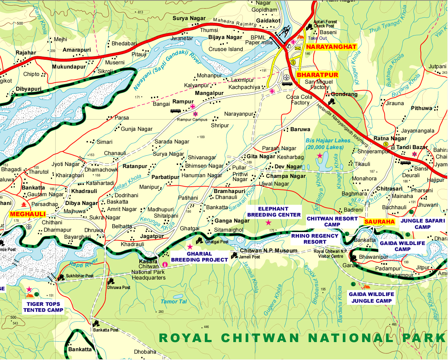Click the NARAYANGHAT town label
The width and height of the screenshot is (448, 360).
331,47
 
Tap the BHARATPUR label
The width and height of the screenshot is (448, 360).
317,75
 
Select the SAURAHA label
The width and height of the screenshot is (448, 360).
379,221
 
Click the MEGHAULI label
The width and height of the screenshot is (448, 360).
28,214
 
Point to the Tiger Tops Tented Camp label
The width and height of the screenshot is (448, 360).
43,307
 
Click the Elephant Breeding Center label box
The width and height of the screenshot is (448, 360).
274,212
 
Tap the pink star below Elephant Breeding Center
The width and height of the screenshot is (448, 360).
269,223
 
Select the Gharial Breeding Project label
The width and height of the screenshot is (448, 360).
199,257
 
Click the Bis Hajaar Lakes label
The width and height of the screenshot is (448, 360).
328,144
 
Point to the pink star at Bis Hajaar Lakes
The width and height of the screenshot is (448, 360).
320,155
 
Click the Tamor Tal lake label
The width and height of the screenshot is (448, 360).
173,301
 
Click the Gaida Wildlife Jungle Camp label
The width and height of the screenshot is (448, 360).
371,297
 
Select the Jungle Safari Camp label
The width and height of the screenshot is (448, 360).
422,224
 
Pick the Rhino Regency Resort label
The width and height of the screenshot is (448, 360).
315,239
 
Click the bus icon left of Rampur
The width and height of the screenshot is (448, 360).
176,111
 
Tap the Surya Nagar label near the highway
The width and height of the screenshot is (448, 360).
189,18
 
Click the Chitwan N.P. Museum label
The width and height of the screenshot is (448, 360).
269,251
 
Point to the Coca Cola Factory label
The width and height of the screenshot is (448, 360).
299,99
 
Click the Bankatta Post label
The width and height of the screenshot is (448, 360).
106,330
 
